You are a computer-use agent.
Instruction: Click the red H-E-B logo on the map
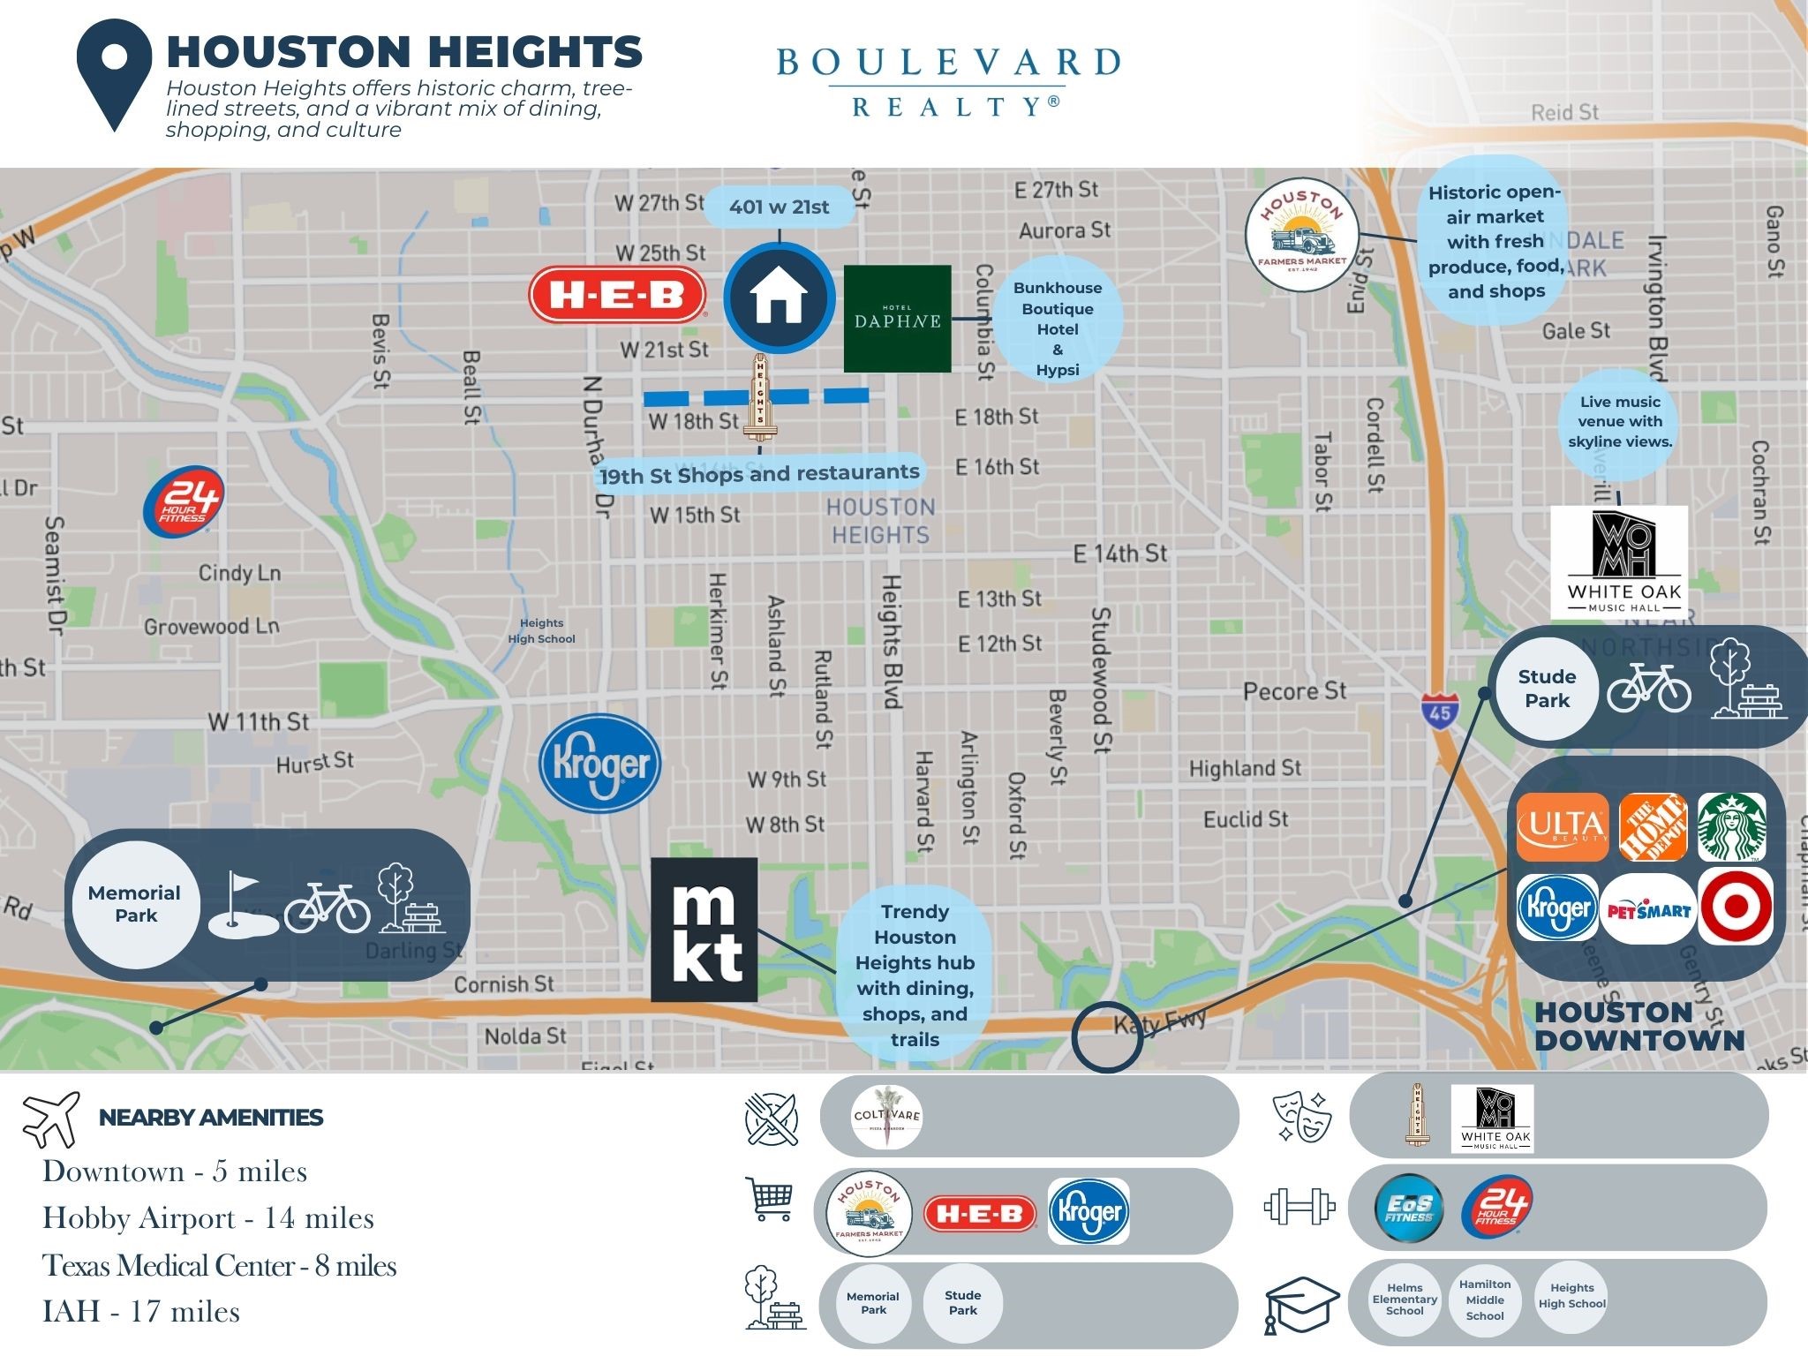tap(617, 295)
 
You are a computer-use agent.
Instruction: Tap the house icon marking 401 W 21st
tap(779, 298)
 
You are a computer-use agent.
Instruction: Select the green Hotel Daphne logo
tap(897, 318)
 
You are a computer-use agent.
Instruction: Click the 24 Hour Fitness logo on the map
tap(184, 501)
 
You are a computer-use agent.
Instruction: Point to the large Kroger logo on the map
tap(600, 764)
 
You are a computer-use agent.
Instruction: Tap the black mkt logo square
tap(704, 929)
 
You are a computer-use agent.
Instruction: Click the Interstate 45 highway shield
tap(1440, 710)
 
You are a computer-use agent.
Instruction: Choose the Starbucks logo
tap(1732, 826)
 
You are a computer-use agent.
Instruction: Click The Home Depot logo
tap(1653, 827)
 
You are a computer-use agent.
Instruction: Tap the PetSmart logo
tap(1648, 909)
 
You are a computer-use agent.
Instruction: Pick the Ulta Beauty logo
tap(1563, 827)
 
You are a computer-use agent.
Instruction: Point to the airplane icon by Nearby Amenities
tap(51, 1119)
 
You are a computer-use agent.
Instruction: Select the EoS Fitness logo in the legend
tap(1409, 1208)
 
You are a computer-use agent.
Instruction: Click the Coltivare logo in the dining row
tap(887, 1117)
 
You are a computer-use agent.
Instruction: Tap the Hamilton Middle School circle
tap(1485, 1299)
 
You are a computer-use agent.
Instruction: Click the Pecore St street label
tap(1294, 691)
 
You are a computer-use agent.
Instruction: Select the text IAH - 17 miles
tap(141, 1311)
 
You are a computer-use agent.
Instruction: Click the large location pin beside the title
tap(115, 74)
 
